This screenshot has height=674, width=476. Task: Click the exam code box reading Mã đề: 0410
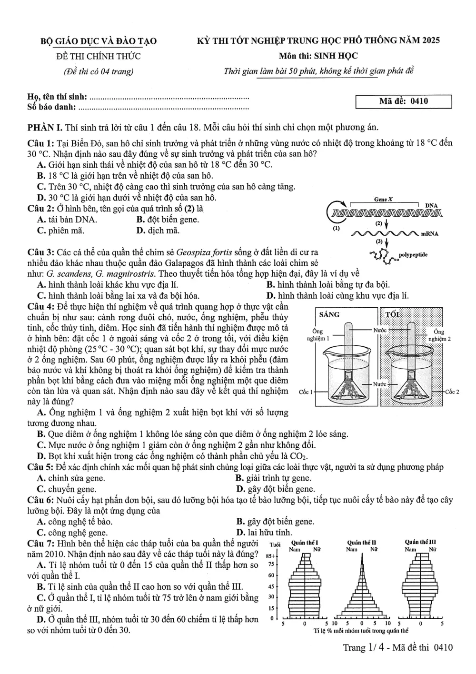[x=403, y=101]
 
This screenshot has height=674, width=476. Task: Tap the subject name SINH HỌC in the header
[x=336, y=56]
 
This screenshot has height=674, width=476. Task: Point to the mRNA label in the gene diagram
[x=429, y=233]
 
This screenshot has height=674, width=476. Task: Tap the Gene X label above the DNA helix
[x=383, y=199]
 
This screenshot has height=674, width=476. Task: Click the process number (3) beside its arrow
[x=379, y=241]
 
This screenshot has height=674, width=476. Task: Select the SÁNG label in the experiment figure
[x=329, y=315]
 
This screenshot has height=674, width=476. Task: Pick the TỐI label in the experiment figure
[x=392, y=315]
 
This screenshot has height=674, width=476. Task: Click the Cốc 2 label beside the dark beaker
[x=452, y=392]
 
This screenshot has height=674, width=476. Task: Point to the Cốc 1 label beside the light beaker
[x=306, y=392]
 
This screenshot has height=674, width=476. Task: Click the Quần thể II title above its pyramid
[x=361, y=543]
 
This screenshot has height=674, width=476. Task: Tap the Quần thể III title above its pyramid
[x=420, y=542]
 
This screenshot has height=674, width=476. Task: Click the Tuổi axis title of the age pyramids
[x=275, y=544]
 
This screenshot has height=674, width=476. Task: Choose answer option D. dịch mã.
[x=158, y=231]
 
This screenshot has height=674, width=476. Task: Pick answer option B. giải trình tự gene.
[x=274, y=478]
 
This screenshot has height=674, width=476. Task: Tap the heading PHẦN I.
[x=45, y=128]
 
